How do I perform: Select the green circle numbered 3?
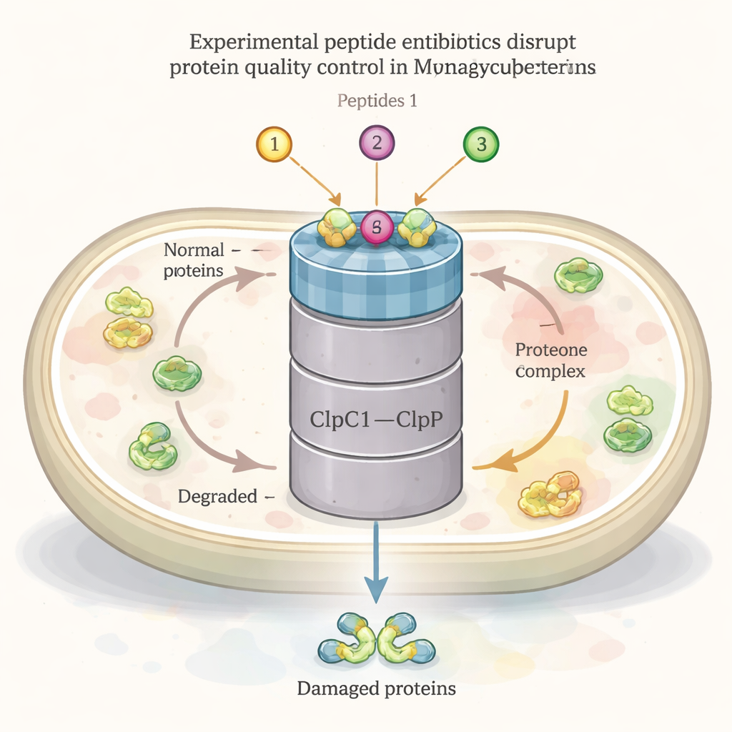tap(480, 144)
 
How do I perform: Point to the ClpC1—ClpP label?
tap(376, 419)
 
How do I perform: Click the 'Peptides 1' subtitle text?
tap(377, 100)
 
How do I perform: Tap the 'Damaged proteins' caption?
tap(375, 689)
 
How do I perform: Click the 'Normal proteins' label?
tap(193, 260)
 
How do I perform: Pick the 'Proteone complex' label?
tap(550, 360)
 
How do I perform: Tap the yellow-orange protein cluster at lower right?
tap(551, 494)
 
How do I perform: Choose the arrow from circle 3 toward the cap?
tap(441, 179)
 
